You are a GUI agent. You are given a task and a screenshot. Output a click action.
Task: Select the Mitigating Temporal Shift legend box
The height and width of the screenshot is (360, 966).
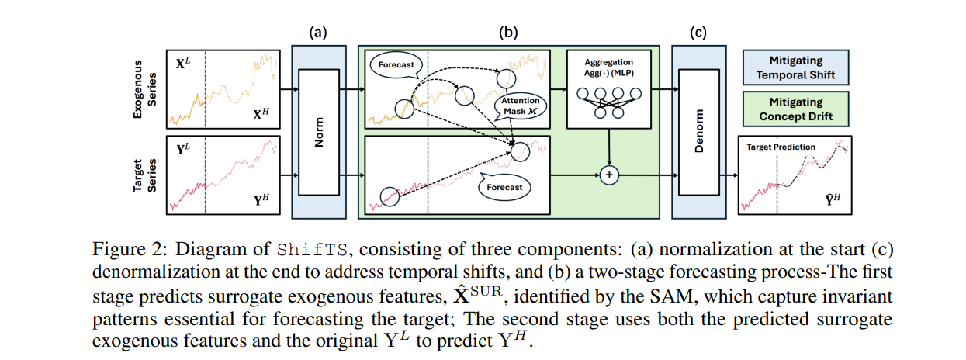click(x=795, y=67)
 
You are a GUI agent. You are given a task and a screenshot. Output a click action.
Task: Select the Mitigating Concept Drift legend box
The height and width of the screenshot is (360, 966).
click(x=795, y=109)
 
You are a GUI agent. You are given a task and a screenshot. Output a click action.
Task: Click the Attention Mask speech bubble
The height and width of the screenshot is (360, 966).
click(x=520, y=106)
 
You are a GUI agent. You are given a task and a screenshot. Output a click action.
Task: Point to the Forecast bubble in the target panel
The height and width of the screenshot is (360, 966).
click(x=502, y=187)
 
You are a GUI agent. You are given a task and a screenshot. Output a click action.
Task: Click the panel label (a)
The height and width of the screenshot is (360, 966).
click(x=319, y=33)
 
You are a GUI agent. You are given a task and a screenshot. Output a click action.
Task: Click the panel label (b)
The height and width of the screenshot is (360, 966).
click(x=507, y=33)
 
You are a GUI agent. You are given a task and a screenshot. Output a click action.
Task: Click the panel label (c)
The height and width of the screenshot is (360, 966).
click(x=699, y=33)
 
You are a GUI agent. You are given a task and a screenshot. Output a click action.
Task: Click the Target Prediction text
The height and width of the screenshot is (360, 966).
click(x=781, y=146)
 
